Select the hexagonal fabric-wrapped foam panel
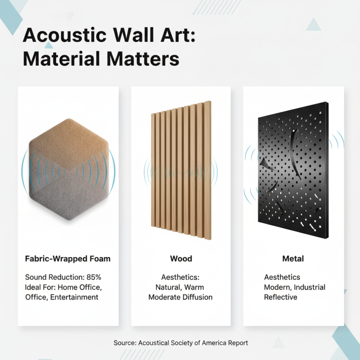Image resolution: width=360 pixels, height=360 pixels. pos(68,169)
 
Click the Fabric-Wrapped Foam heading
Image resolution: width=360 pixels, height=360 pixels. pos(68,259)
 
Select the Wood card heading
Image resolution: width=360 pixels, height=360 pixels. pos(181,259)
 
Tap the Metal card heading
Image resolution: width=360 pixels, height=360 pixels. pos(293,259)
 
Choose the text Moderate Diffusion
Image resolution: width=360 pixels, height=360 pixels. pos(180,297)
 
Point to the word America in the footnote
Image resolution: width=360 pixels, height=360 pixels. pos(204,343)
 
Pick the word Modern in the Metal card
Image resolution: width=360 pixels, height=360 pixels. pos(276,287)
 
